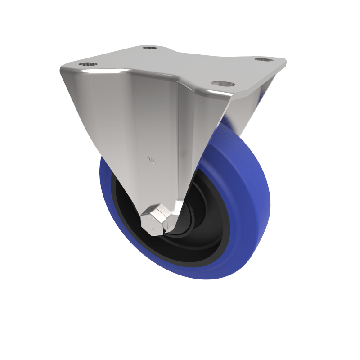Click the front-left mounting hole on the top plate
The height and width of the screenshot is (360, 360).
click(88, 64)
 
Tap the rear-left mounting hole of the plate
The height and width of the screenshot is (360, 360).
click(150, 47)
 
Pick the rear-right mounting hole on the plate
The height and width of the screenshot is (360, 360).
click(264, 59)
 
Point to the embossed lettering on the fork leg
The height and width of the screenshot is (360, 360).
click(151, 160)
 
